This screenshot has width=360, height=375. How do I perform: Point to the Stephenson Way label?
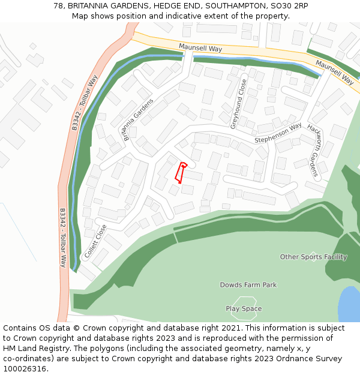[x=278, y=133]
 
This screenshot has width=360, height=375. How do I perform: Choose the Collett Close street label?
[x=95, y=241]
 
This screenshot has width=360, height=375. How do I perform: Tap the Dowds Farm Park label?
[x=248, y=285]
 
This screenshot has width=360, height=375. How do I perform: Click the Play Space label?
[x=244, y=309]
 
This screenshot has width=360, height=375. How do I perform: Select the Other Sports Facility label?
[x=313, y=257]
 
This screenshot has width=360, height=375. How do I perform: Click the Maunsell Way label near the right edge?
[x=334, y=71]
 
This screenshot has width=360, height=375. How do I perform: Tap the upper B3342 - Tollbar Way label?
[x=84, y=103]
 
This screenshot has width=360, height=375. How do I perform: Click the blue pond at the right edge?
[x=350, y=304]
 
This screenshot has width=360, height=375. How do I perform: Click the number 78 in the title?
[x=58, y=5]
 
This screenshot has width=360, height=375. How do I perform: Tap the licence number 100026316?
[x=25, y=369]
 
